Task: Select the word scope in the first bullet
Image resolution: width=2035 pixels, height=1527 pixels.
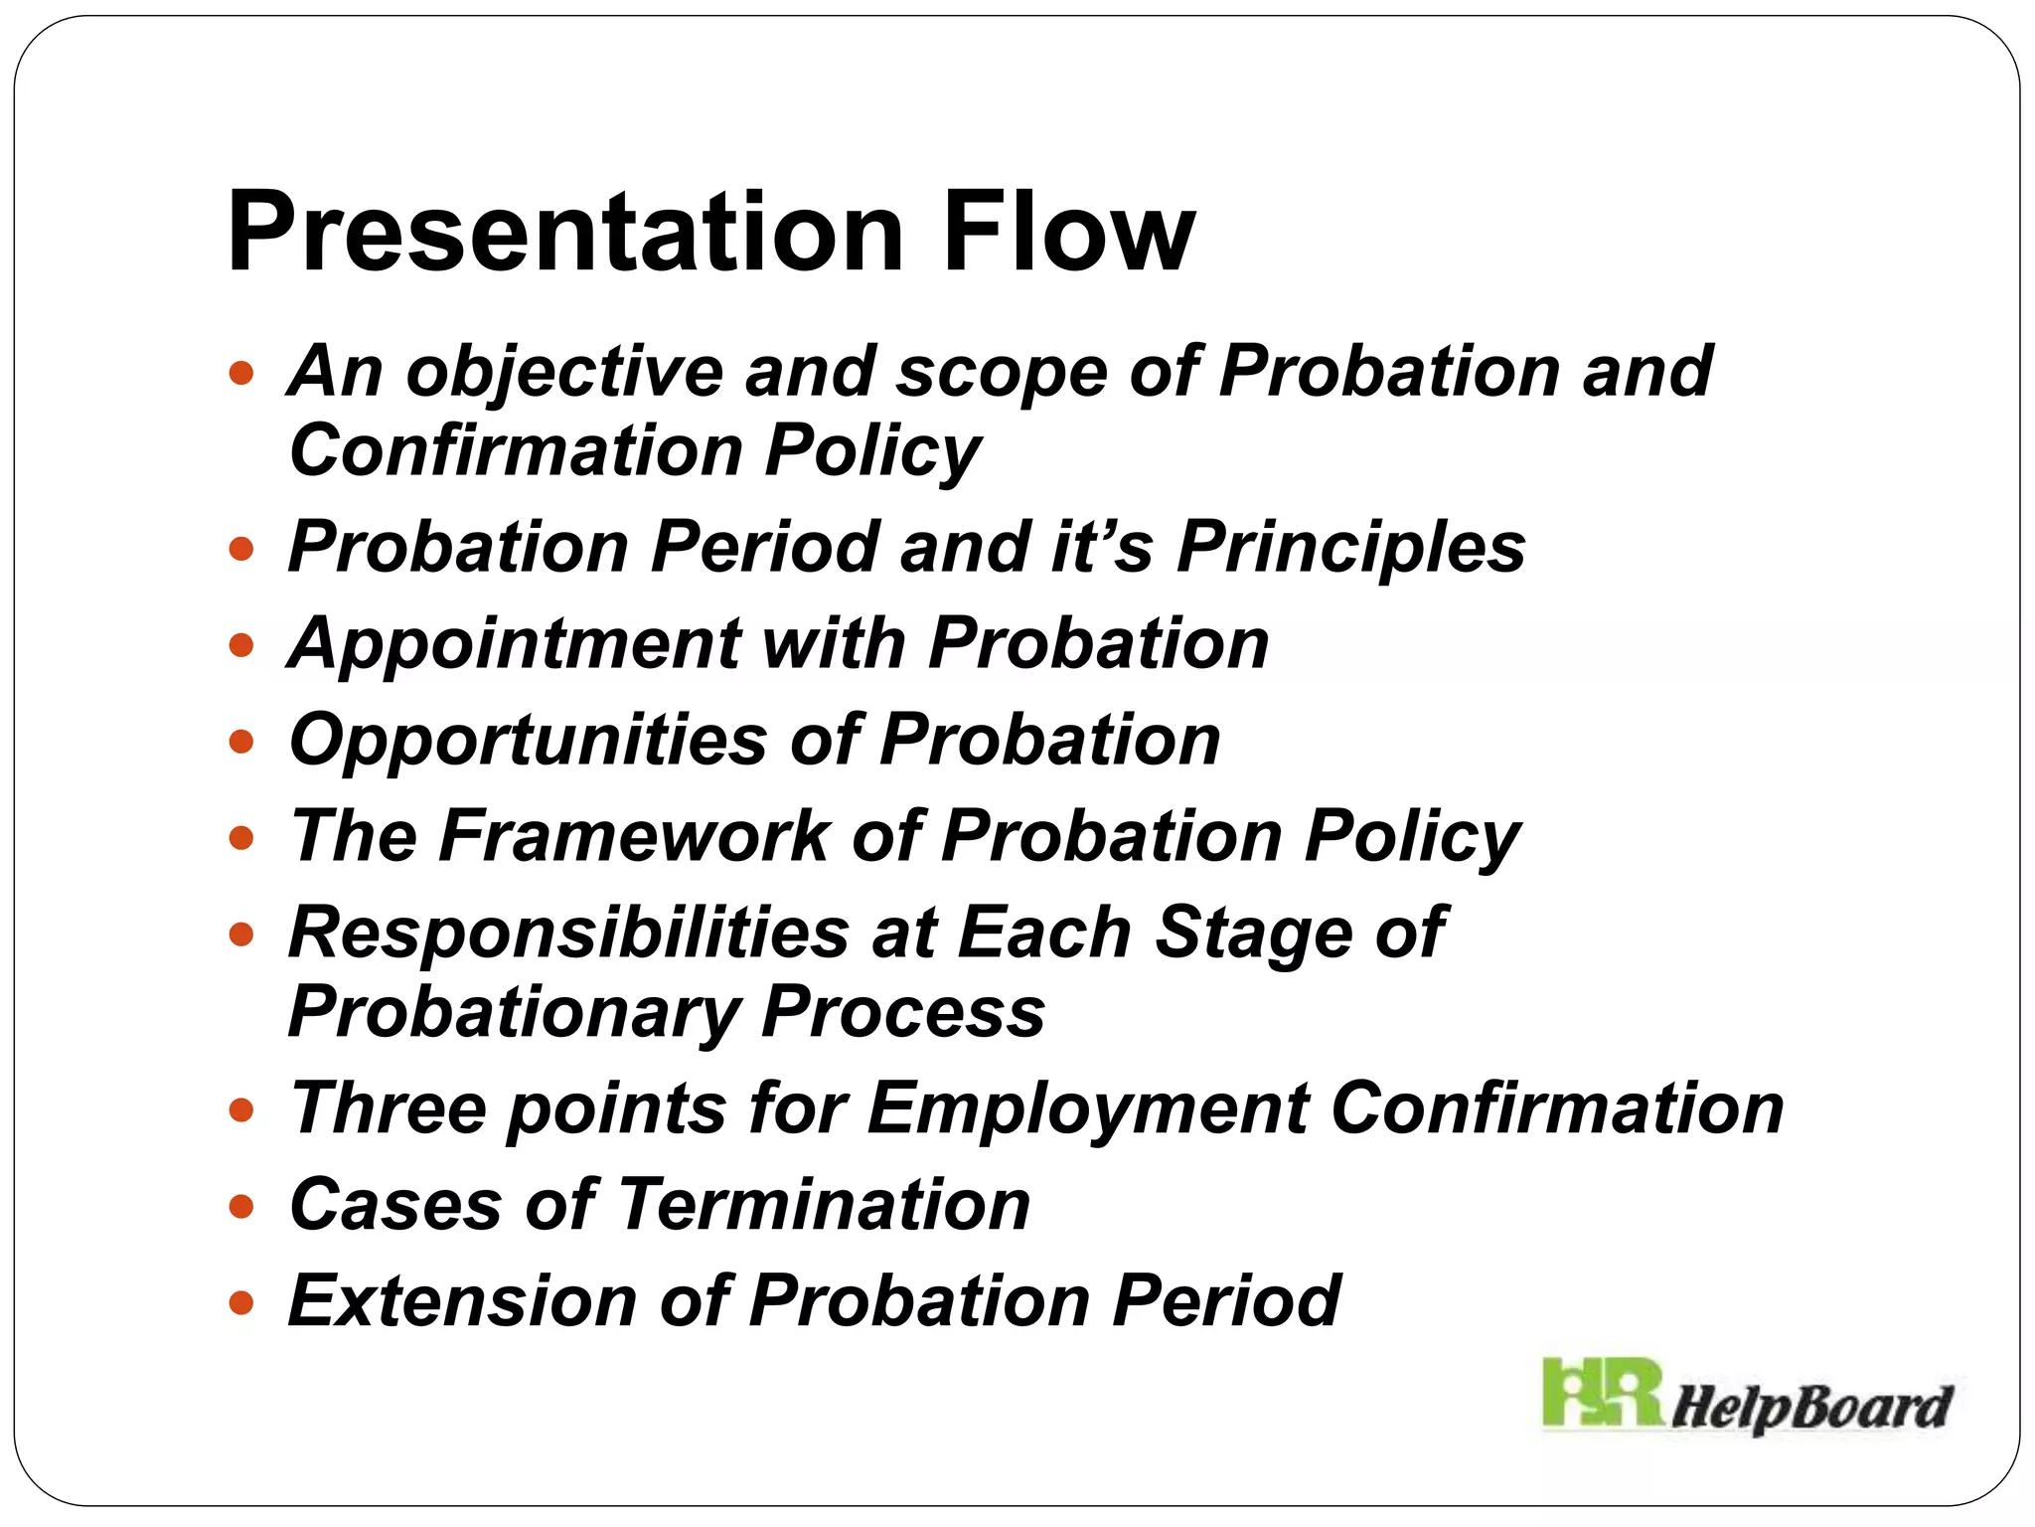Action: [1002, 373]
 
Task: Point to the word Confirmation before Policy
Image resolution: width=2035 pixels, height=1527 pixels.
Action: [516, 450]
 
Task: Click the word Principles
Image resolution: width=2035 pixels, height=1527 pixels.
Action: [1351, 548]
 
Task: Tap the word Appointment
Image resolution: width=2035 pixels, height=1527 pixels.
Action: [514, 644]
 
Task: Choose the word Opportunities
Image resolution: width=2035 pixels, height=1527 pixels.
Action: [528, 741]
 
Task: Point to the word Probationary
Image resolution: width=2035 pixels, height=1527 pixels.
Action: [513, 1012]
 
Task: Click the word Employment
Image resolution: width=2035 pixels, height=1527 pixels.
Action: [1088, 1108]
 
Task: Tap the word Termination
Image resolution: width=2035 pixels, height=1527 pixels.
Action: [825, 1205]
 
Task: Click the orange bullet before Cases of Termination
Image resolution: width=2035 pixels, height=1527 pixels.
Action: [241, 1207]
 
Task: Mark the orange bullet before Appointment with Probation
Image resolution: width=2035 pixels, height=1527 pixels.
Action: [241, 646]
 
